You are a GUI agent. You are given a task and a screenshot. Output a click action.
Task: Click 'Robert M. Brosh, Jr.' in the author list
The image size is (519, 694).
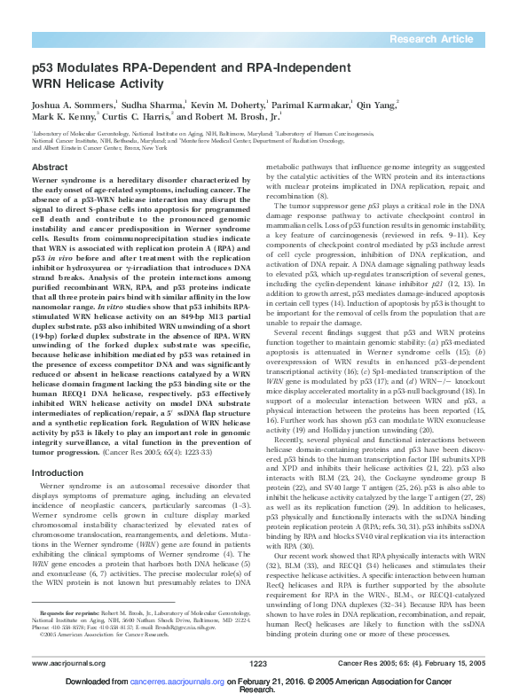[x=233, y=116]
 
